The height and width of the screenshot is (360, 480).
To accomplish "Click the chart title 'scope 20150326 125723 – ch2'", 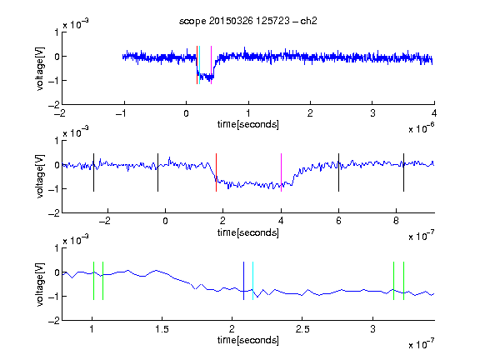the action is tap(248, 21).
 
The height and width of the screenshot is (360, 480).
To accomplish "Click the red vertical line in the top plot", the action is tap(197, 65).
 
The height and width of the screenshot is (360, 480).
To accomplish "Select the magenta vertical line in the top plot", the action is tap(211, 65).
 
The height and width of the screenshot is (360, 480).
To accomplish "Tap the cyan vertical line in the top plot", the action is tap(200, 65).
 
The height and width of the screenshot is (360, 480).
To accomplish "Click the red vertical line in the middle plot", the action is tap(216, 172).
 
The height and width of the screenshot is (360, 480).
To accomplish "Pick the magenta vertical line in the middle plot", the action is tap(281, 172).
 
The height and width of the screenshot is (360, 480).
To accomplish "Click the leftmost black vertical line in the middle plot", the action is tap(93, 172).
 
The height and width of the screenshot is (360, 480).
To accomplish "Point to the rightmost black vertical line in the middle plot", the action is tap(403, 172).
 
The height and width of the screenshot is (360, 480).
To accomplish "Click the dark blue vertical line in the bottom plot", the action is tap(243, 281).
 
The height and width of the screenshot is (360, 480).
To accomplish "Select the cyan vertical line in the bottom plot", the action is tap(252, 281).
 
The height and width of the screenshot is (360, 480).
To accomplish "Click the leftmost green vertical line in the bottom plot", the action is tap(93, 281).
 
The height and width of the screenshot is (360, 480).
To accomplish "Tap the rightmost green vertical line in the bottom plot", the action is tap(403, 281).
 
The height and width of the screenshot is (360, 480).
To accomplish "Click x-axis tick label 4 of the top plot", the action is tap(434, 113).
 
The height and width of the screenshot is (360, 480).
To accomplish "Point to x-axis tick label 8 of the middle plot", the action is tap(396, 221).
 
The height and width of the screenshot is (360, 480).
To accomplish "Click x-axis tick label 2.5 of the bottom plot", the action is tap(302, 329).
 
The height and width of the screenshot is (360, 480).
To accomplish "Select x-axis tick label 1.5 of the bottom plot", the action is tap(162, 329).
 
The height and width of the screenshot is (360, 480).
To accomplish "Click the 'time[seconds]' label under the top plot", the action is tap(248, 124).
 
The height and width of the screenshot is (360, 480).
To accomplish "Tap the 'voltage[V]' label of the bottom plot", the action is tap(40, 284).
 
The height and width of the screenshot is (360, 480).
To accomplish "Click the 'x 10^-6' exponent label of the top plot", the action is tap(421, 128).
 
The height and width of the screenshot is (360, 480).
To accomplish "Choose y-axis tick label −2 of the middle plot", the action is tap(54, 213).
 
